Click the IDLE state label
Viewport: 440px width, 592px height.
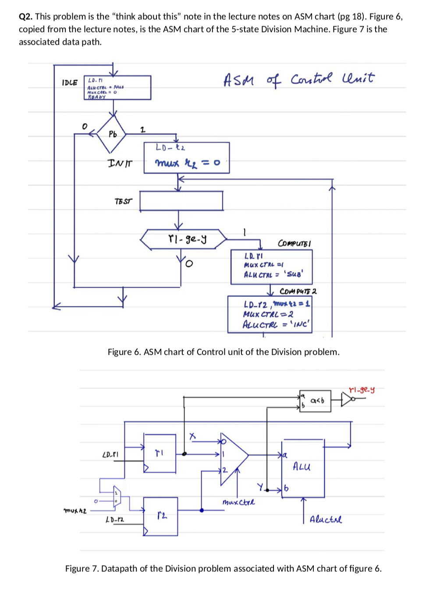click(x=70, y=82)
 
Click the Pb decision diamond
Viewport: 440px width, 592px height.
click(x=113, y=134)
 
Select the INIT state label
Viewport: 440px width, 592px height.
click(x=120, y=163)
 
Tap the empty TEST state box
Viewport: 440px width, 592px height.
click(x=181, y=201)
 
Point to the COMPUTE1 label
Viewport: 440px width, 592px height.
click(x=295, y=243)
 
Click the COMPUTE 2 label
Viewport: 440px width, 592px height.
click(x=298, y=291)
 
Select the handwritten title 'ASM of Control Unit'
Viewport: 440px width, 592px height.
click(x=299, y=79)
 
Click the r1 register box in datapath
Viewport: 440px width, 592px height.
click(x=160, y=452)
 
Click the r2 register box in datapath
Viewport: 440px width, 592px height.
click(x=160, y=516)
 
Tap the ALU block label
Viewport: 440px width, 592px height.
click(x=302, y=466)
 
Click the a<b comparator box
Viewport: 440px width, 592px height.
click(x=315, y=400)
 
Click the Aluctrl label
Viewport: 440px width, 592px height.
click(x=326, y=520)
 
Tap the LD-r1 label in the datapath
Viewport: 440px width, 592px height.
click(x=110, y=455)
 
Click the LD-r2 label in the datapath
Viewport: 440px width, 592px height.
click(x=114, y=520)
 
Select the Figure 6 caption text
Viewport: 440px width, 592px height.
click(x=224, y=352)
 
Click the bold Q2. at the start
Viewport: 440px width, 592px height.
click(x=26, y=17)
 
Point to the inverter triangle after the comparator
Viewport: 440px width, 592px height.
click(x=348, y=399)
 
